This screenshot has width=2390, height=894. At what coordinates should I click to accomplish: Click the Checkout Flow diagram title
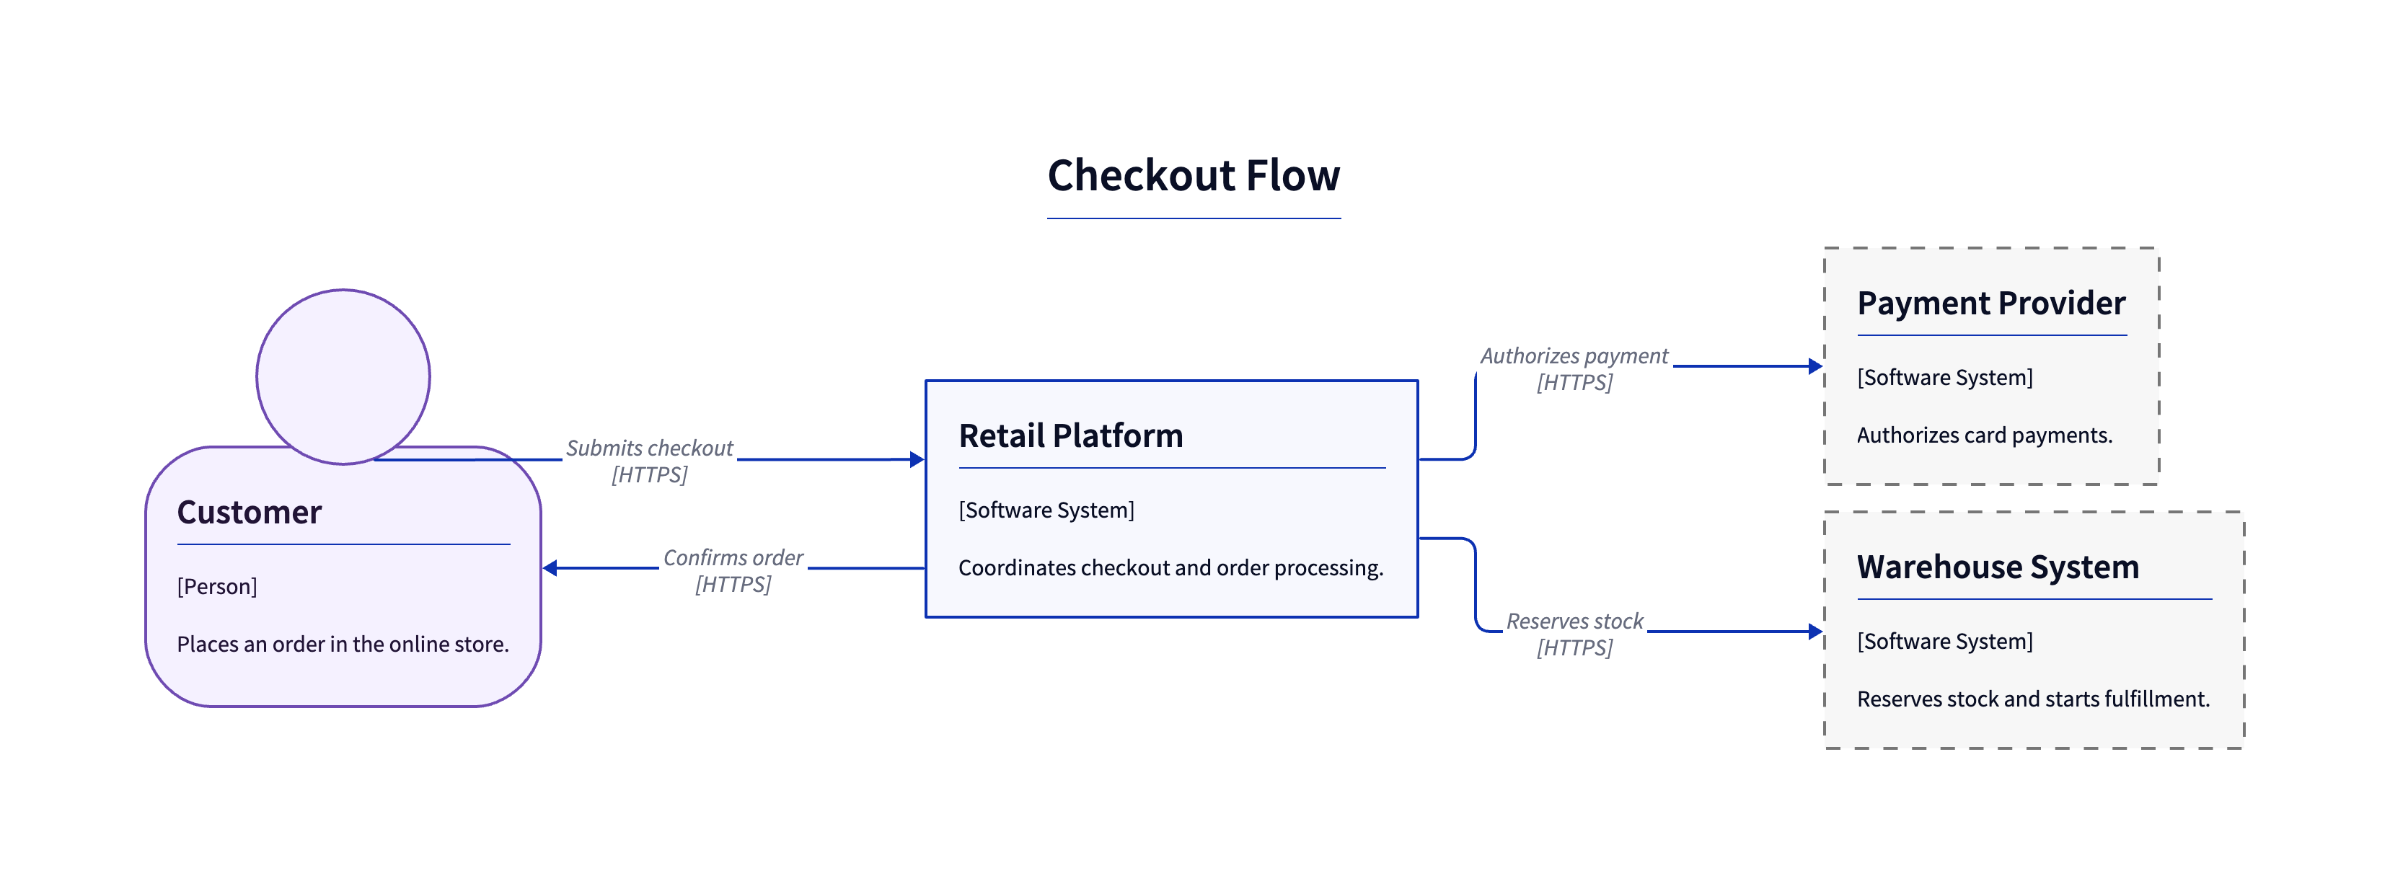point(1194,175)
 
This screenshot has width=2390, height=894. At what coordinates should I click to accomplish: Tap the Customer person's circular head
point(343,376)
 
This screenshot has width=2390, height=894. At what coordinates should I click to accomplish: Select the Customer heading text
point(249,512)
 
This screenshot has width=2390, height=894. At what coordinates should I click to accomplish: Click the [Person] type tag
point(217,586)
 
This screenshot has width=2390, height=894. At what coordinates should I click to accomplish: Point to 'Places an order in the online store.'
point(343,644)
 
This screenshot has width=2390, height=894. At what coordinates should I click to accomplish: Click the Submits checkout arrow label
point(650,461)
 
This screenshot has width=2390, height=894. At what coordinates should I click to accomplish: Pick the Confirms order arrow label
point(733,570)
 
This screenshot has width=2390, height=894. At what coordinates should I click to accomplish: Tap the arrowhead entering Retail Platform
point(917,459)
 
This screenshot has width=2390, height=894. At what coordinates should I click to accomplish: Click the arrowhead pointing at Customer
point(550,567)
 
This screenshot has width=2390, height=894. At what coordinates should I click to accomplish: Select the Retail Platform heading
point(1071,435)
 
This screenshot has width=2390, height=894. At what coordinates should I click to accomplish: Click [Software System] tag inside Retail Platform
point(1046,510)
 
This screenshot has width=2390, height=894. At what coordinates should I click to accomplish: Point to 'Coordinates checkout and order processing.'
point(1171,567)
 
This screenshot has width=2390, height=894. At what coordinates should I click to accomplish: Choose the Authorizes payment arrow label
point(1574,369)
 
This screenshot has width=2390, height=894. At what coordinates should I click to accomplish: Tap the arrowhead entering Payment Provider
point(1816,366)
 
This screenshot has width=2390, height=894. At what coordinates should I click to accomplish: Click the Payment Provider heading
point(1991,304)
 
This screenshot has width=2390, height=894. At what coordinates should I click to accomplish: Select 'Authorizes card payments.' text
point(1985,435)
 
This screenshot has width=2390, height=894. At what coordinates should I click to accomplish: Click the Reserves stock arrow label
point(1574,634)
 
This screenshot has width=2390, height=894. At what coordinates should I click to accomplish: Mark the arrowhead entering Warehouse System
point(1816,632)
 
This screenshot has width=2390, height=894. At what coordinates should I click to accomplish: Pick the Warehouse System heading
point(1998,567)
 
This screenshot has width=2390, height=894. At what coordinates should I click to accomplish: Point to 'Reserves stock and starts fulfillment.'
point(2034,699)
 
